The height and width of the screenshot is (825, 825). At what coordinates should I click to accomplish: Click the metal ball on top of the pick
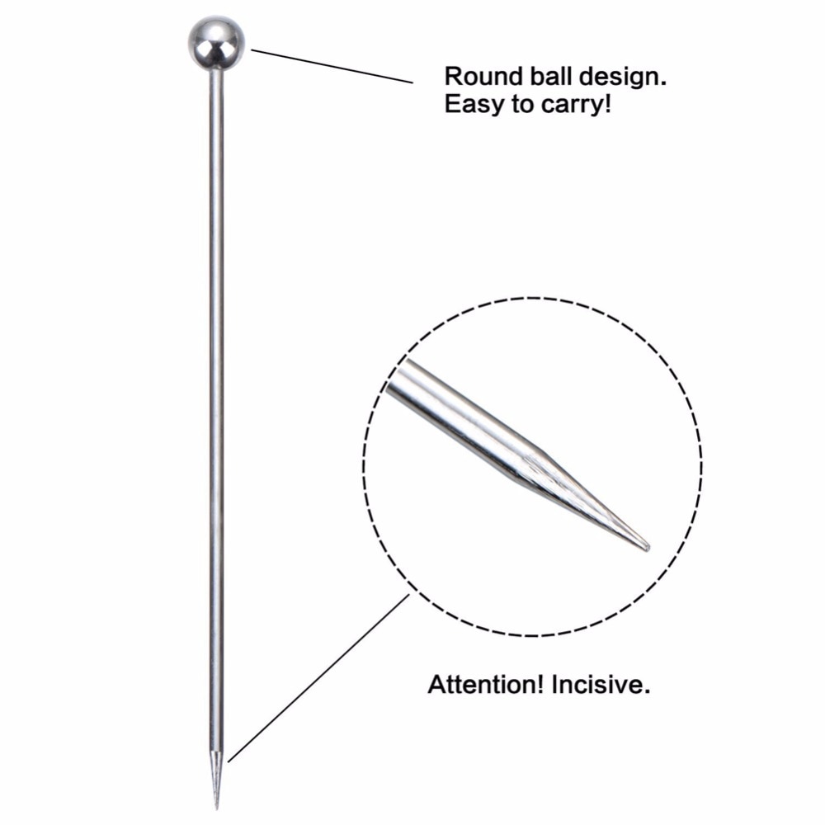(x=216, y=44)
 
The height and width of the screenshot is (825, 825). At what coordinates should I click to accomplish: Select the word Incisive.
(x=601, y=685)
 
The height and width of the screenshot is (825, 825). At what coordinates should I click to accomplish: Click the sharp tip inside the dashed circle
(x=647, y=549)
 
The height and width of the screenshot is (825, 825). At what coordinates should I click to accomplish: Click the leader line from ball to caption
(x=332, y=66)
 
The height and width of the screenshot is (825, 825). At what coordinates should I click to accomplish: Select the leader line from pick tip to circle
(x=318, y=678)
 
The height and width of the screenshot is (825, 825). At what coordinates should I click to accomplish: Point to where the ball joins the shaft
(x=216, y=70)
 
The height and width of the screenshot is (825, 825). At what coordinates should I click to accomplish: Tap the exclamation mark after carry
(x=608, y=103)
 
